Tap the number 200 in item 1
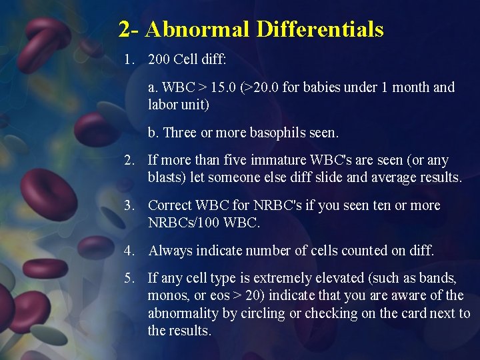click(159, 60)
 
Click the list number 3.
click(128, 205)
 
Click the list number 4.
click(128, 251)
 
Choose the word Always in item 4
click(169, 251)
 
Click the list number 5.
click(128, 278)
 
